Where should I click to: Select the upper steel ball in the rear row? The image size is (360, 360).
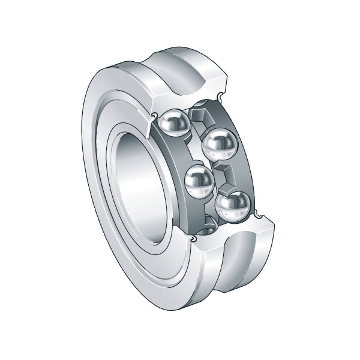(220, 145)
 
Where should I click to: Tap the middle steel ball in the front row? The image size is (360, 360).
(199, 181)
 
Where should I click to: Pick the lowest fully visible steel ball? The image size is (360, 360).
(232, 207)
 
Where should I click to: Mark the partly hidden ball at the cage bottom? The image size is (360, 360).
(205, 226)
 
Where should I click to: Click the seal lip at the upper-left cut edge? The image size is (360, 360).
(155, 115)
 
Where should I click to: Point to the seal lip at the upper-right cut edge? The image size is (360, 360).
(223, 97)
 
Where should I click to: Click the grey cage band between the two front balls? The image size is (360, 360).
(180, 153)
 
